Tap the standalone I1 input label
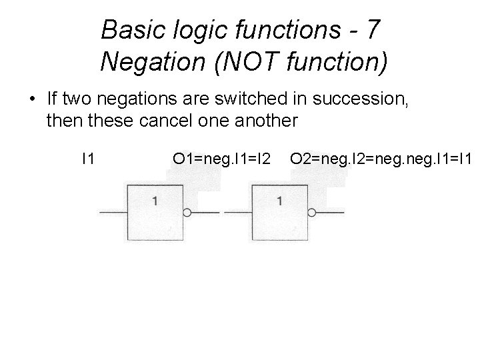pos(87,159)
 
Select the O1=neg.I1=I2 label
pos(221,159)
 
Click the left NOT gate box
pos(155,212)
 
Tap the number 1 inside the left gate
pos(155,200)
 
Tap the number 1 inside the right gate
pos(279,200)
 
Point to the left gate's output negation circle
pos(187,213)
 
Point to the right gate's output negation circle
pos(311,213)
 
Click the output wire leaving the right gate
pos(331,213)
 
